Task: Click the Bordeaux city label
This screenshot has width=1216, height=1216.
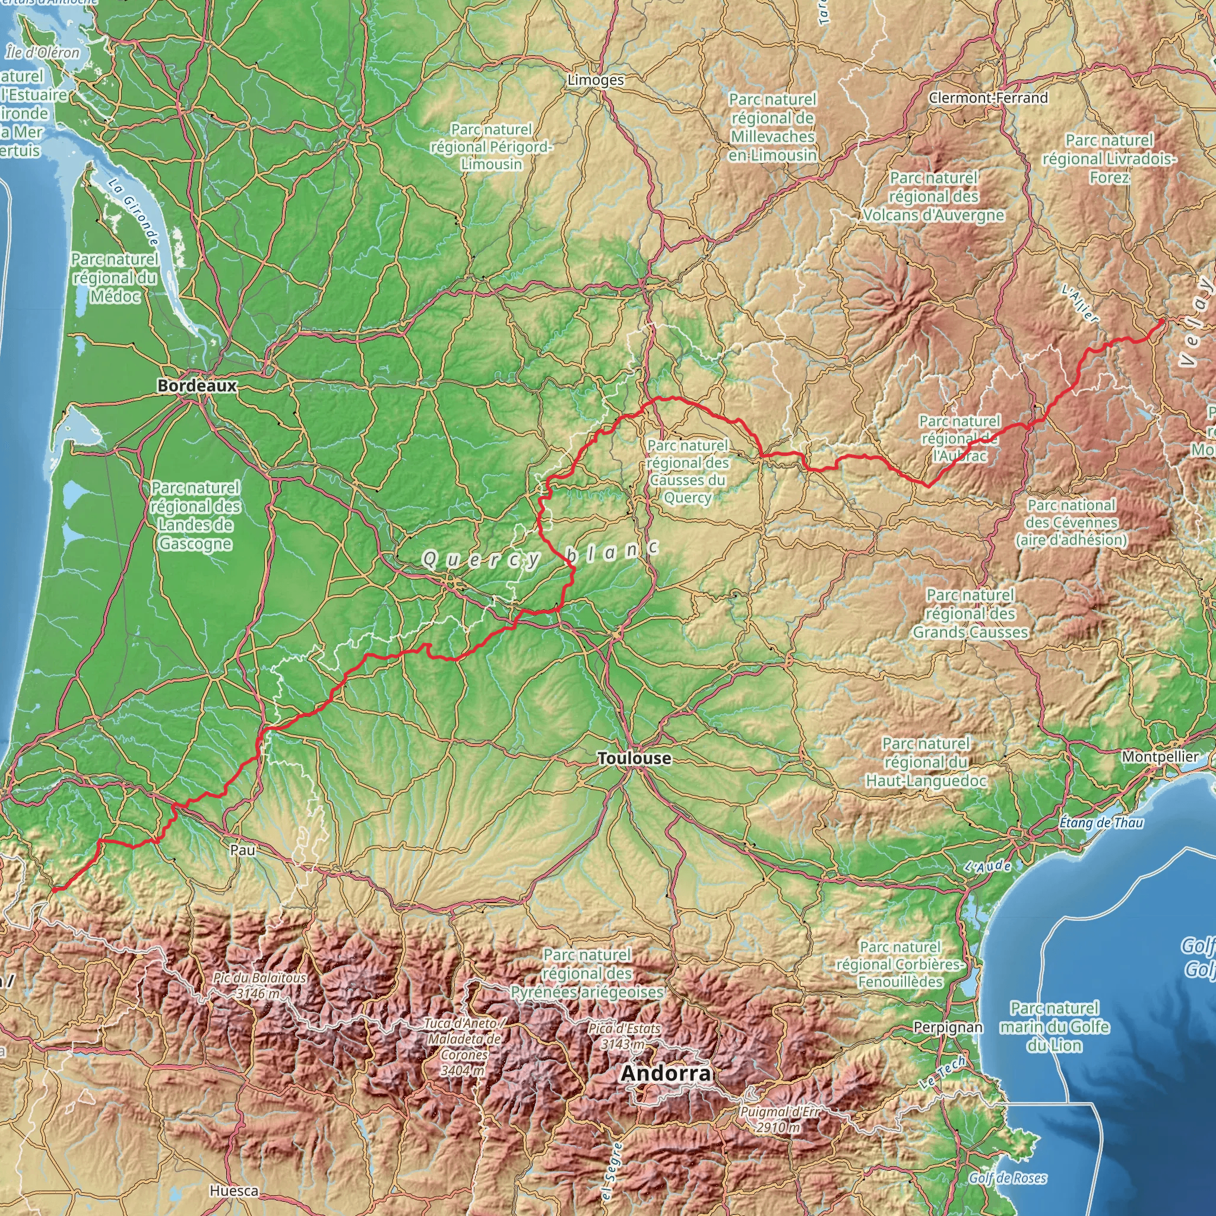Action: (x=197, y=386)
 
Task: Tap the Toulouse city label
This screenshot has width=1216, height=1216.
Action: (x=635, y=758)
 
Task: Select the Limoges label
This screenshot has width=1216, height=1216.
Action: (x=596, y=80)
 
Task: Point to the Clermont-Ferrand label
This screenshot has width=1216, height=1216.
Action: (x=988, y=97)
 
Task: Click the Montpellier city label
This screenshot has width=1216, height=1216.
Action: (x=1160, y=756)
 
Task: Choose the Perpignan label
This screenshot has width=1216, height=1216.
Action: (x=948, y=1027)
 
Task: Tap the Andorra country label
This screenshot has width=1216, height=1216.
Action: (x=665, y=1073)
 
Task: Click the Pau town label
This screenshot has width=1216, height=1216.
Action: (x=243, y=850)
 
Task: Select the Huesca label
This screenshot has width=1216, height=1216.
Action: (x=234, y=1191)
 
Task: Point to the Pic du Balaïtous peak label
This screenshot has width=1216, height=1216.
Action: (x=259, y=986)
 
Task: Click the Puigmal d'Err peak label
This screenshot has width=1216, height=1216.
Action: (x=780, y=1119)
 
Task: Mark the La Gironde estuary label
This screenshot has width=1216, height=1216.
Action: (x=134, y=212)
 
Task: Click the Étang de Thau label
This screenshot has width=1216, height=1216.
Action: (x=1101, y=822)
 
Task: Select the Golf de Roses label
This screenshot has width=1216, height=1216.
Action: (x=1008, y=1178)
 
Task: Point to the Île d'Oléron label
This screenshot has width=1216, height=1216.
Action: (x=43, y=53)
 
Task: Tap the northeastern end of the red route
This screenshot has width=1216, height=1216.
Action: (x=1161, y=322)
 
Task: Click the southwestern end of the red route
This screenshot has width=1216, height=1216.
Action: (x=54, y=890)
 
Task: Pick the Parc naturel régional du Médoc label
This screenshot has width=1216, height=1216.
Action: (x=115, y=277)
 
